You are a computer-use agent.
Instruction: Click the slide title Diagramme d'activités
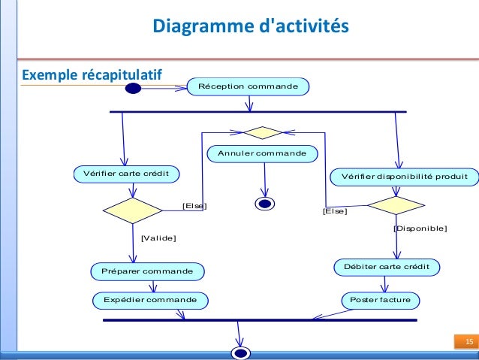pos(251,27)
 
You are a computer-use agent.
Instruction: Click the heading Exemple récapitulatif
pos(92,75)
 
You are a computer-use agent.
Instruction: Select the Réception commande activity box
pos(247,87)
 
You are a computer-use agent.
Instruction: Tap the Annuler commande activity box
pos(262,153)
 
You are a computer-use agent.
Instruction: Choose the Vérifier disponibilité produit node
pos(404,177)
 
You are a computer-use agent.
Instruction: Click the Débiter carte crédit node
pos(386,267)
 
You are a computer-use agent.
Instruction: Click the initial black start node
pos(134,89)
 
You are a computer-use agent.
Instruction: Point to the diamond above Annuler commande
pos(262,133)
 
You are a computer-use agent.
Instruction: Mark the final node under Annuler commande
pos(264,203)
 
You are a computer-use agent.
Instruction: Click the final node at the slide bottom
pos(240,352)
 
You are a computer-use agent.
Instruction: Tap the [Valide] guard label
pos(158,238)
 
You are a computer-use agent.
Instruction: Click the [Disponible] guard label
pos(420,228)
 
